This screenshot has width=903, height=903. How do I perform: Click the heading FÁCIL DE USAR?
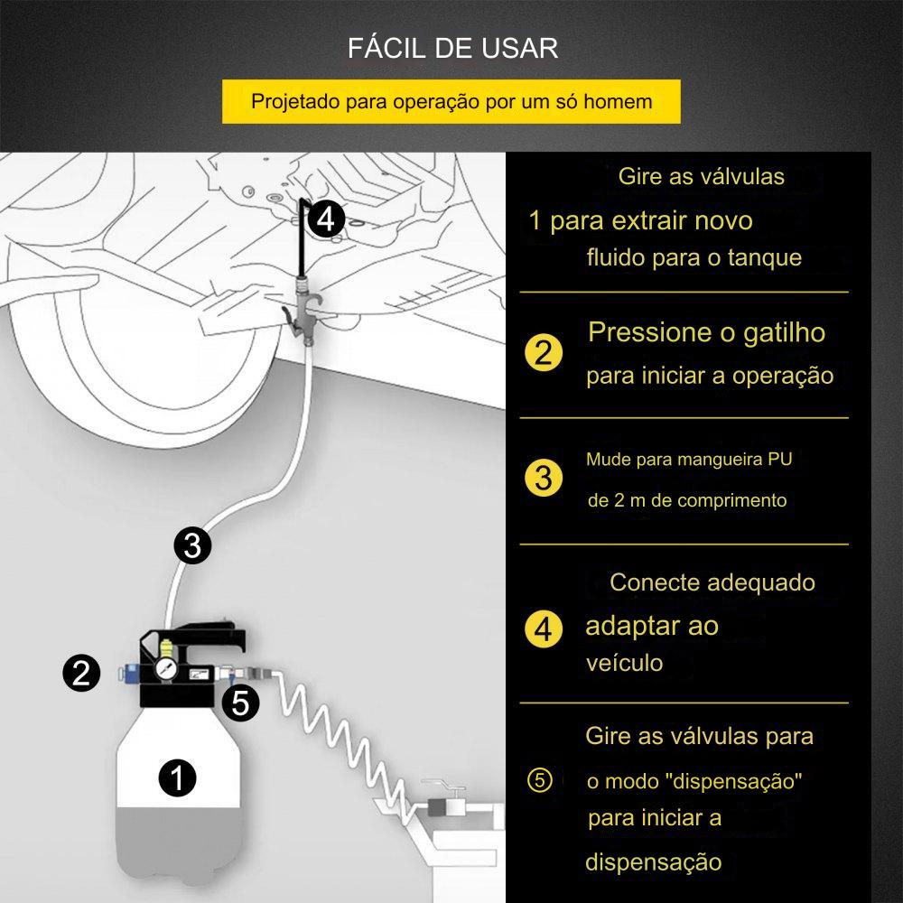tap(452, 48)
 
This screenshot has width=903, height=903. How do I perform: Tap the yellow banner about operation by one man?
tap(451, 101)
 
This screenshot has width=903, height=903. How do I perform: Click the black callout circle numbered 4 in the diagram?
tap(325, 219)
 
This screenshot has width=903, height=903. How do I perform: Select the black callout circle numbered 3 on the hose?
tap(192, 545)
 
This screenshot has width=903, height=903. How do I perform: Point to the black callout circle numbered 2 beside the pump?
tap(82, 673)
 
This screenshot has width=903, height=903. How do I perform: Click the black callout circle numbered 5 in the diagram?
tap(241, 703)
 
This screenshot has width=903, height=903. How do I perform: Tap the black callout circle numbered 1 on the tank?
tap(177, 778)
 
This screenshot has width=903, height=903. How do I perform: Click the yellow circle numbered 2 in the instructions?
tap(544, 352)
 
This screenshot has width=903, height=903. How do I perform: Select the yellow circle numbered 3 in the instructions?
tap(544, 478)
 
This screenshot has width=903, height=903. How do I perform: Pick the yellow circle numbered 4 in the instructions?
tap(544, 628)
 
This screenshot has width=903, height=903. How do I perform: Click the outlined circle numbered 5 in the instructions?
tap(540, 780)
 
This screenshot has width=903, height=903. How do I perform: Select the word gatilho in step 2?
tap(785, 334)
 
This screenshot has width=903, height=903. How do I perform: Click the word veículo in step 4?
tap(624, 663)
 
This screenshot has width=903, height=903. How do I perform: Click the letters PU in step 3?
tap(780, 460)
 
